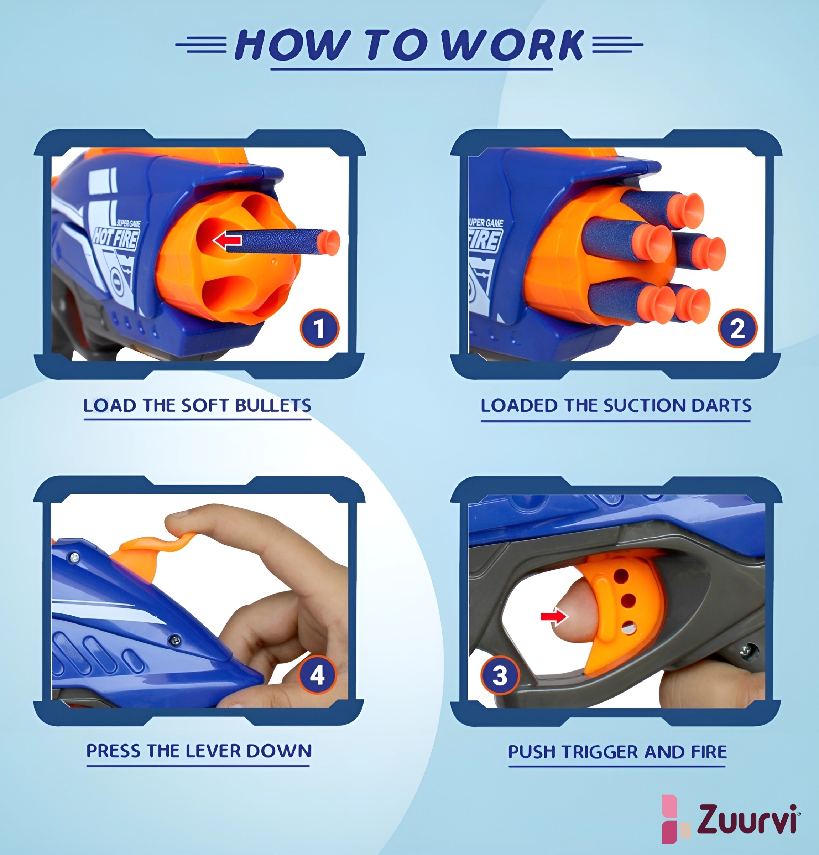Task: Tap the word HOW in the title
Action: (293, 45)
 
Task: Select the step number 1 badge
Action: (320, 328)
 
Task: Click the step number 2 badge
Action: (737, 328)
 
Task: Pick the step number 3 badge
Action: (500, 676)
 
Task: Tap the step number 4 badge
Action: (317, 676)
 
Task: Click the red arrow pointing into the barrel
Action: (227, 240)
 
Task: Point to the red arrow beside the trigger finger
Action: (554, 616)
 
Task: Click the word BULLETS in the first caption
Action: (273, 406)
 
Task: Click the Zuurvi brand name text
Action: (747, 819)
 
